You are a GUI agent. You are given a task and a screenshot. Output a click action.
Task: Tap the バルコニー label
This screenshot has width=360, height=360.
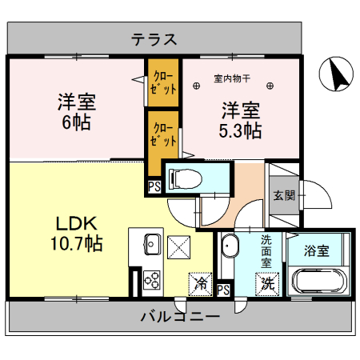(x=180, y=317)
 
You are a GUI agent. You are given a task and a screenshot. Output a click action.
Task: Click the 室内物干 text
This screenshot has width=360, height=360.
(x=232, y=79)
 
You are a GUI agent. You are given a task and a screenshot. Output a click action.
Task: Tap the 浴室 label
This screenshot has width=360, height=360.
(x=316, y=250)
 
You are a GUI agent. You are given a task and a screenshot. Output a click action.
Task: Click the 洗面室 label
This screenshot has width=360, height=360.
(x=266, y=250)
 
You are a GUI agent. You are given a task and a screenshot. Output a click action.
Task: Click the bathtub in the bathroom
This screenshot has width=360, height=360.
(x=318, y=281)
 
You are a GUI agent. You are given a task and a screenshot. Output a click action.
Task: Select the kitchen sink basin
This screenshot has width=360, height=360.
(x=151, y=246)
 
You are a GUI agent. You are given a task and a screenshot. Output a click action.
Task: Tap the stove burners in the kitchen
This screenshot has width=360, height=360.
(x=151, y=281)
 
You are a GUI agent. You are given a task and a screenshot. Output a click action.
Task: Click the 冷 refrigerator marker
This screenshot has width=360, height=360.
(x=201, y=283)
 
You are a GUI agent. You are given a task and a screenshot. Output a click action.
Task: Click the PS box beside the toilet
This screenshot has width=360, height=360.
(x=153, y=188)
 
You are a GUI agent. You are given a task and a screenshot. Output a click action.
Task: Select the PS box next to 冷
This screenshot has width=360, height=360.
(x=223, y=290)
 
